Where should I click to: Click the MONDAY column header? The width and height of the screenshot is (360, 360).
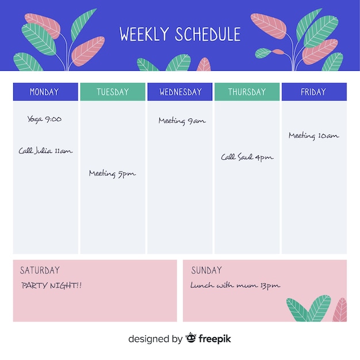click(45, 91)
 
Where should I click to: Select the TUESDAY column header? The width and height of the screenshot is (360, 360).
click(113, 91)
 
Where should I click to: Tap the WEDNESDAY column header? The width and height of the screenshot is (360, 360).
click(180, 91)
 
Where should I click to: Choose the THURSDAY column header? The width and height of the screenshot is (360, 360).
click(247, 91)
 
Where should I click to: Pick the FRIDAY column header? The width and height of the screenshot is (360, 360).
click(314, 91)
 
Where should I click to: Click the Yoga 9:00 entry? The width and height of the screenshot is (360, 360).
click(44, 120)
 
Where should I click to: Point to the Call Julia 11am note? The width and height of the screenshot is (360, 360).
click(45, 151)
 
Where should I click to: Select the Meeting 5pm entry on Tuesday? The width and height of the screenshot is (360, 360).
click(112, 174)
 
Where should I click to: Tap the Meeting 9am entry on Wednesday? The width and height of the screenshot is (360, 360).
click(182, 121)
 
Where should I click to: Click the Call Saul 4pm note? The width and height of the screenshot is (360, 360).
click(247, 157)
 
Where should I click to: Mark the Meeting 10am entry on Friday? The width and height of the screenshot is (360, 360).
click(314, 136)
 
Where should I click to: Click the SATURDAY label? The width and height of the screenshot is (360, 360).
click(40, 270)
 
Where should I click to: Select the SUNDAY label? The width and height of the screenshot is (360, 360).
click(206, 270)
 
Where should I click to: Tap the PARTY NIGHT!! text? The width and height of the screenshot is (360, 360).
click(52, 285)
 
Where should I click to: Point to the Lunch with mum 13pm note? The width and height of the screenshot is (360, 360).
click(235, 285)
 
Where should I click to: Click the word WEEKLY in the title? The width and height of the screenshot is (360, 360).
click(144, 34)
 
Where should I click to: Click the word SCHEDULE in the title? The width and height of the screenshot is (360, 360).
click(208, 34)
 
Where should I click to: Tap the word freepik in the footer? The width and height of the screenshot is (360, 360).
click(215, 339)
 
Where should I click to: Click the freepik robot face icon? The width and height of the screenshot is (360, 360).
click(191, 338)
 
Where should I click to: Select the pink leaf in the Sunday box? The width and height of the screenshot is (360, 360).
click(340, 310)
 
